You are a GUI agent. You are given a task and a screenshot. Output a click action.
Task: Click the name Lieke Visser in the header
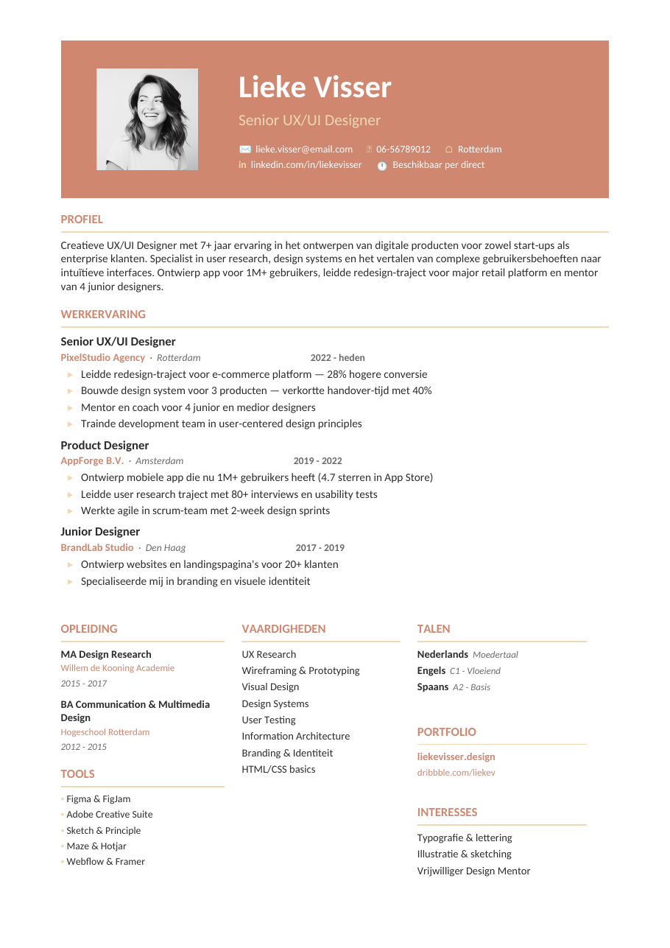[314, 88]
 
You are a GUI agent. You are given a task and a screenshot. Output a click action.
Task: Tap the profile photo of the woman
[147, 119]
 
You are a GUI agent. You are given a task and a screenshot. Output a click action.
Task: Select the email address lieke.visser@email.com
[303, 150]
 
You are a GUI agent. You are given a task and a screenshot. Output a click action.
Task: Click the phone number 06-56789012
[403, 150]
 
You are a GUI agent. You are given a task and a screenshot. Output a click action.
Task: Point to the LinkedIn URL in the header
[306, 165]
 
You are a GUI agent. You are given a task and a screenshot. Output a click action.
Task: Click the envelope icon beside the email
[245, 150]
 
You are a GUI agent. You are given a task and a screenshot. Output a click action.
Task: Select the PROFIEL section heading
[82, 220]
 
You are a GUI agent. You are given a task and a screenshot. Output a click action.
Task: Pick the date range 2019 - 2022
[317, 461]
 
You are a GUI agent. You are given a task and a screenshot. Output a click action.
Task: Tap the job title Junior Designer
[100, 532]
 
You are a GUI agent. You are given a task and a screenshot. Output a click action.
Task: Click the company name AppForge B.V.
[92, 461]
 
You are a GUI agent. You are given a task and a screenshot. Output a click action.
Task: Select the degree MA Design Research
[106, 655]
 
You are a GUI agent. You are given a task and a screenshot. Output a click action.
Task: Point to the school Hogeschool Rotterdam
[105, 733]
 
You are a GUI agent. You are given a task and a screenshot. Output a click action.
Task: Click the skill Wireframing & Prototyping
[300, 671]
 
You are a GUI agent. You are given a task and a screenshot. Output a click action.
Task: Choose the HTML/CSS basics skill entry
[278, 770]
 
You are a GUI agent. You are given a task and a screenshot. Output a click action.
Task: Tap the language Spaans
[433, 687]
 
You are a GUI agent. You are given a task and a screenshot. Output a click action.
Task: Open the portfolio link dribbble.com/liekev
[456, 773]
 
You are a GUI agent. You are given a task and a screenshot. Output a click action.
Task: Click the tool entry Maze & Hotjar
[96, 846]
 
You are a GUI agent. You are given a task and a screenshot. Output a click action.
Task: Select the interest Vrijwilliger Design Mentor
[473, 871]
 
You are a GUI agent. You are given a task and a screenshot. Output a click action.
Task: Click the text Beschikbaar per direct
[438, 165]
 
